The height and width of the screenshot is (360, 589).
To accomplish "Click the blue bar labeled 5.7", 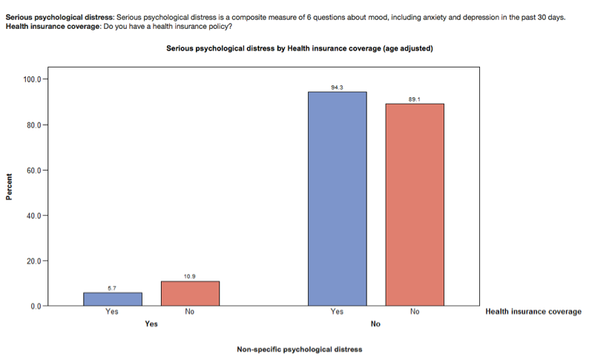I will click(x=112, y=298).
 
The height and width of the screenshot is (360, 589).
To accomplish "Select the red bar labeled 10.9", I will click(x=190, y=293).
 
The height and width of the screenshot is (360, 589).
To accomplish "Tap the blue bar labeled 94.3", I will click(x=337, y=198).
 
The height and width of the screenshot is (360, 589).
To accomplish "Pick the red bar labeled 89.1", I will click(x=415, y=204).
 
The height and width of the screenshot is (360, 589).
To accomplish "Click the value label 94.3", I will click(x=337, y=88).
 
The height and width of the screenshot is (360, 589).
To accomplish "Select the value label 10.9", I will click(x=190, y=277).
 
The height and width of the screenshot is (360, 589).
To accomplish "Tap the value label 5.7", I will click(x=112, y=288).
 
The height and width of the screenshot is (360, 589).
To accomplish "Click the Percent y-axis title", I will click(x=10, y=187).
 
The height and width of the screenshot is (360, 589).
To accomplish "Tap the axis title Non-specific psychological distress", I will click(x=299, y=349).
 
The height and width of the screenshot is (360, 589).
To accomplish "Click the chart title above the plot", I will click(x=299, y=48).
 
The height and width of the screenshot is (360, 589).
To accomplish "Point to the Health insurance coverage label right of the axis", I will click(x=533, y=312).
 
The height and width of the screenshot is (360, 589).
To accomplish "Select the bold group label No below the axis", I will click(x=375, y=324).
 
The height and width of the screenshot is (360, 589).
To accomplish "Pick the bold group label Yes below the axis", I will click(x=151, y=324).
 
